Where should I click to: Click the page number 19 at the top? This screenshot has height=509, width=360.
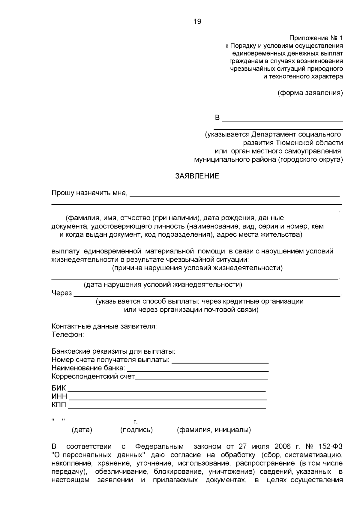pos(197,22)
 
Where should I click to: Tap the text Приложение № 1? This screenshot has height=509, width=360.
pos(316,38)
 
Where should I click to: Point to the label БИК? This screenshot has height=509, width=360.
pos(58,389)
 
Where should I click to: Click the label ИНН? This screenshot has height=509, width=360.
pos(59,397)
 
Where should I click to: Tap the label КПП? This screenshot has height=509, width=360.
pos(59,405)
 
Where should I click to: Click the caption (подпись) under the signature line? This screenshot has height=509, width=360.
pos(136,430)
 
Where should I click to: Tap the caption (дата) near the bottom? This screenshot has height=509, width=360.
pos(82,430)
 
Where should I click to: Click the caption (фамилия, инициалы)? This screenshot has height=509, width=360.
pos(214,430)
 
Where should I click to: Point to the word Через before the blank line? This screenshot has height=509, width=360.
pos(61,293)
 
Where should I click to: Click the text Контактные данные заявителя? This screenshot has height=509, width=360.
pos(104,326)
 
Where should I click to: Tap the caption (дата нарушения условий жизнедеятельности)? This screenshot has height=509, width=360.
pos(163,284)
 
